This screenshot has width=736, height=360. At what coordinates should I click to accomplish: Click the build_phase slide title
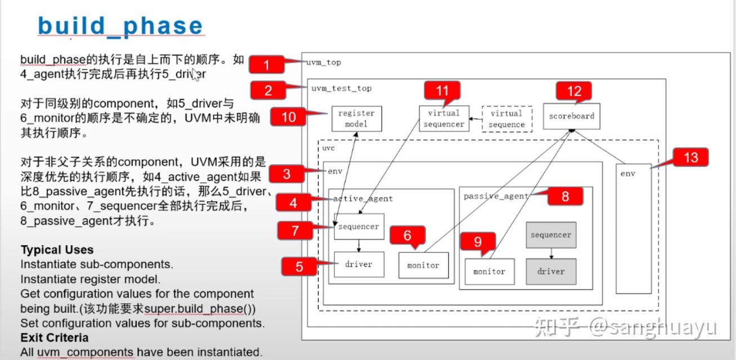pos(120,26)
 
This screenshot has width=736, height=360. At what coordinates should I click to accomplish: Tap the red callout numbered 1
pos(266,65)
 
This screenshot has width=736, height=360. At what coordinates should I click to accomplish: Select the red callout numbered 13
pos(690,158)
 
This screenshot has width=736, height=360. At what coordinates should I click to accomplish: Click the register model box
pos(356,119)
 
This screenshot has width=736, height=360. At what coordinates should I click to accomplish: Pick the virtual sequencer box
pos(443,119)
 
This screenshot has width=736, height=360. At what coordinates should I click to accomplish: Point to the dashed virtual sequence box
pos(507,119)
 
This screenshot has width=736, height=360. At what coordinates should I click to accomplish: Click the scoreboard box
pos(571,116)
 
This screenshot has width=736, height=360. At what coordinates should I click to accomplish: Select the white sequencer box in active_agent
pos(359,227)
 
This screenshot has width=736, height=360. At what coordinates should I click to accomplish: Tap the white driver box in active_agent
pos(359,264)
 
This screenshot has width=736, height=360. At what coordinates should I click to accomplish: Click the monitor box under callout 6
pos(423,265)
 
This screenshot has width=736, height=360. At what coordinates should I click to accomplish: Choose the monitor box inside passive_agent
pos(489,271)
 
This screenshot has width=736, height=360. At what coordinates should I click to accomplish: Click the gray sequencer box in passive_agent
pos(551,235)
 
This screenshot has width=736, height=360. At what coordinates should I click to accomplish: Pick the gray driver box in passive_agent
pos(551,271)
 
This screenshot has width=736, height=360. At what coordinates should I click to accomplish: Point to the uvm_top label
pos(324,62)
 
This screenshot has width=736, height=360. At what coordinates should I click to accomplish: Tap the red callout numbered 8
pos(565,196)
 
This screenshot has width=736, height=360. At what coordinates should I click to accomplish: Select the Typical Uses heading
pos(57,250)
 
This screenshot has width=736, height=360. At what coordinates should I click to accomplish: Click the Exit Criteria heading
pos(54,337)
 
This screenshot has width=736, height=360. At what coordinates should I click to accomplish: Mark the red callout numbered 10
pos(289,117)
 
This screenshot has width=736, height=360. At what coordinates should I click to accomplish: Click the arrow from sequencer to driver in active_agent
pos(359,246)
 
